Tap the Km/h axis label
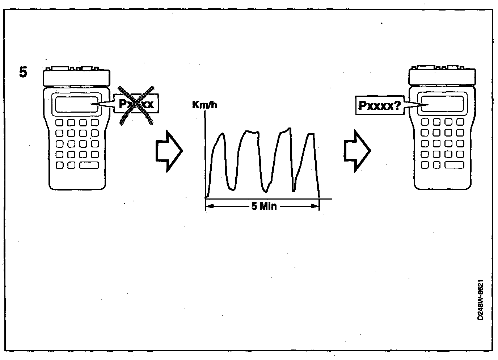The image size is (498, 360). [x=205, y=105]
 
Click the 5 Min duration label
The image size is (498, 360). [x=264, y=206]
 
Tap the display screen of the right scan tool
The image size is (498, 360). [x=443, y=104]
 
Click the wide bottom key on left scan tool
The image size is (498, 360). [x=89, y=165]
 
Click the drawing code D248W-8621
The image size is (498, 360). [x=480, y=300]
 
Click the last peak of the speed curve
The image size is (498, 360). [x=311, y=134]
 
